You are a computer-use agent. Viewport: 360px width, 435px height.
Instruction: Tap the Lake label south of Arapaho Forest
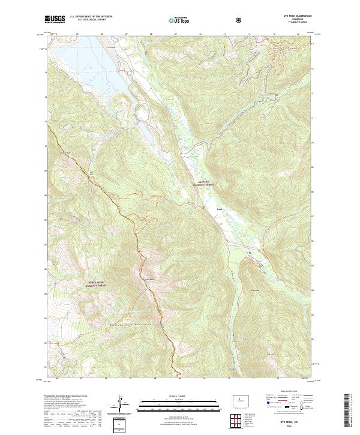(x=220, y=209)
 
